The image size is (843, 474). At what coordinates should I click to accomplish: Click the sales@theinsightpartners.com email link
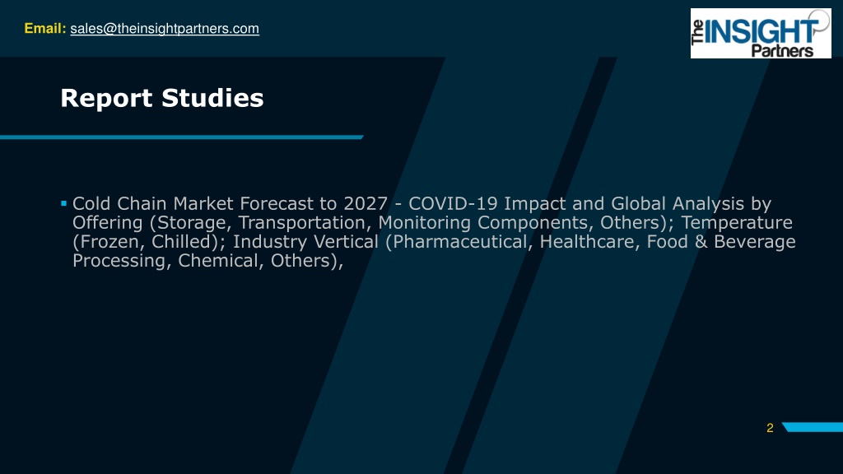[x=165, y=29]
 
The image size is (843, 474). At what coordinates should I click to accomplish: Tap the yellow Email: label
[x=45, y=29]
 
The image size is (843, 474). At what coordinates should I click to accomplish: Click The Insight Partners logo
[x=761, y=33]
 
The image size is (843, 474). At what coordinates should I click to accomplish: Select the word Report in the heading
[x=106, y=99]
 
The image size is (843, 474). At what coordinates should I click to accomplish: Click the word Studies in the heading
[x=213, y=98]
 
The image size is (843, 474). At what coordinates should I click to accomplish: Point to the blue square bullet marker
[x=63, y=203]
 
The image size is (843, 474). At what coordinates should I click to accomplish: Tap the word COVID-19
[x=454, y=204]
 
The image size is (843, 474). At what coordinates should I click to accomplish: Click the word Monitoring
[x=424, y=222]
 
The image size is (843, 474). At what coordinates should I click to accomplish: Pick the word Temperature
[x=737, y=222]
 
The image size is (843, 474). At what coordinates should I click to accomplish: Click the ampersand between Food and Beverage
[x=701, y=241]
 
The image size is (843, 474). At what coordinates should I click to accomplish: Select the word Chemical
[x=221, y=261]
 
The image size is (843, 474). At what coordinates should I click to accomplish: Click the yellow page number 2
[x=770, y=428]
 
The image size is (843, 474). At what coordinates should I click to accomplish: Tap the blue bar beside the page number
[x=813, y=427]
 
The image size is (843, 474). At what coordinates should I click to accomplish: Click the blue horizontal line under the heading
[x=182, y=137]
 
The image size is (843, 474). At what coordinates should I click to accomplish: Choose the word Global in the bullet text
[x=638, y=204]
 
